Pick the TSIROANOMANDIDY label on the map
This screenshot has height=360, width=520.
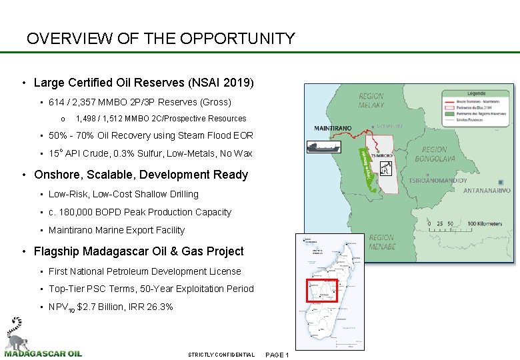(437, 181)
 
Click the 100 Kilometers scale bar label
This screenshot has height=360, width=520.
(485, 224)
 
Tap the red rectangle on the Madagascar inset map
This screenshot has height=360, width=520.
(321, 291)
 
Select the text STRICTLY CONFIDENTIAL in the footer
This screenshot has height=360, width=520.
(221, 355)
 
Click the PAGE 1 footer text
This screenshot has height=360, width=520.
(277, 355)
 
